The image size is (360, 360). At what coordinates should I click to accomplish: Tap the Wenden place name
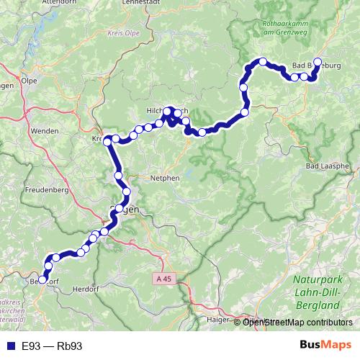pyautogui.click(x=44, y=132)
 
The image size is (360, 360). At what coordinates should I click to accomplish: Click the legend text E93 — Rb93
pyautogui.click(x=52, y=346)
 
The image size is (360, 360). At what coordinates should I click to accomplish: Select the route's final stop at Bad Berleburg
pyautogui.click(x=318, y=62)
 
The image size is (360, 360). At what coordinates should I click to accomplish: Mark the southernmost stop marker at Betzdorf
pyautogui.click(x=42, y=279)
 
